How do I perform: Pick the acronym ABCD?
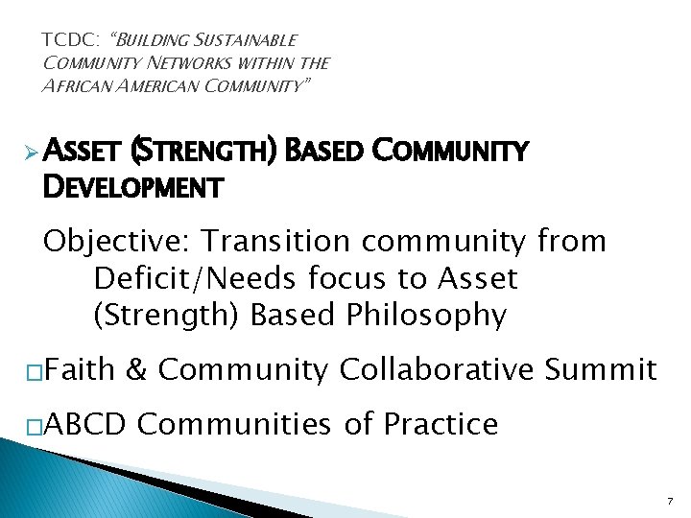(x=83, y=423)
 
